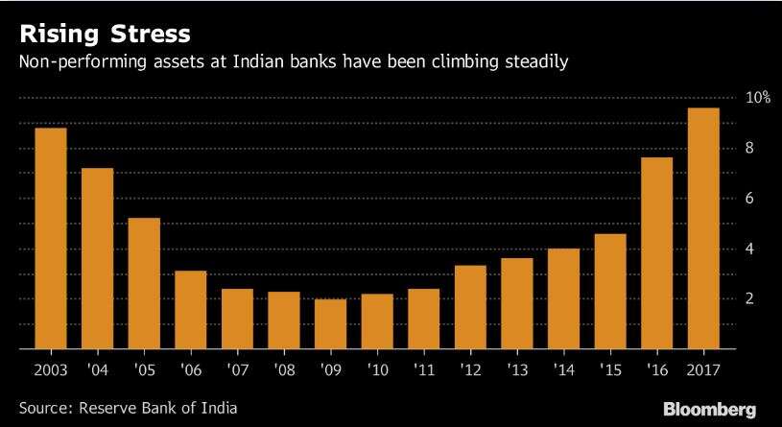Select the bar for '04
[97, 258]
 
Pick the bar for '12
[470, 307]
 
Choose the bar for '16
[656, 253]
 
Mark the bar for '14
[563, 298]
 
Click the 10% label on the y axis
[758, 98]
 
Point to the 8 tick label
[750, 148]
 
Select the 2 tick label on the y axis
[750, 298]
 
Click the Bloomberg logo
[708, 407]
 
